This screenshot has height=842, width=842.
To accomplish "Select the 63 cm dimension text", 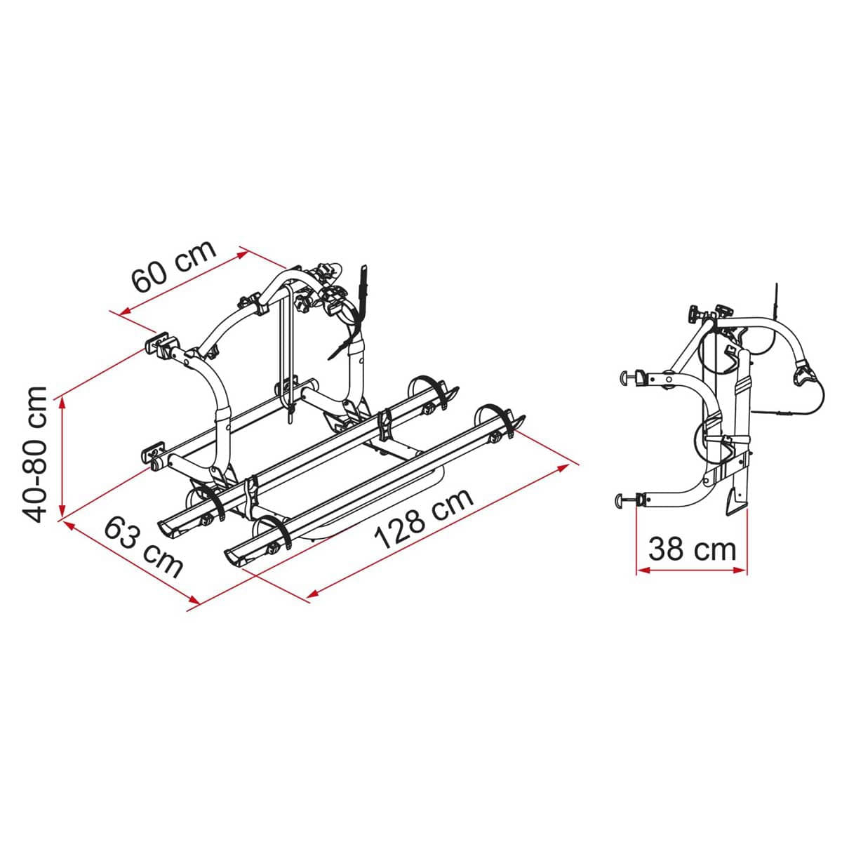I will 143,547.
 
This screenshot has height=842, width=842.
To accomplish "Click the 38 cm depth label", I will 692,548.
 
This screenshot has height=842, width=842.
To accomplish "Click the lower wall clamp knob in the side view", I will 621,500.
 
